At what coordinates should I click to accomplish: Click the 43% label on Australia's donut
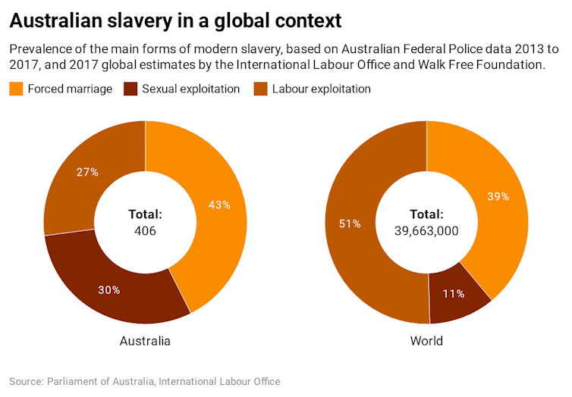pos(220,205)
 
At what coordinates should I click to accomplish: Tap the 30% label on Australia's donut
pos(108,289)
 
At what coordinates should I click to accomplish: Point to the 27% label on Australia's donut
pos(87,172)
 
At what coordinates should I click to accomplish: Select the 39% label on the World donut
pos(498,196)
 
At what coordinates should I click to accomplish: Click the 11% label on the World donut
pos(454,293)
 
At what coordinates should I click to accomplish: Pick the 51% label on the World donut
pos(350,224)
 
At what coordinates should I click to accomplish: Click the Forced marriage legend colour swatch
pos(16,89)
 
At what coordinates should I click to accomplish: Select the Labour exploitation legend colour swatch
pos(259,89)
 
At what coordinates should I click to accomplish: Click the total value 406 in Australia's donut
pos(145,230)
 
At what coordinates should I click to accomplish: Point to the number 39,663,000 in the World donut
pos(426,230)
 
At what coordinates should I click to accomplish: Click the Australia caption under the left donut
pos(145,341)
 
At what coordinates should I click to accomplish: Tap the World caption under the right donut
pos(426,341)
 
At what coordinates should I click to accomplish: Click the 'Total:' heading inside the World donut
pos(426,214)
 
